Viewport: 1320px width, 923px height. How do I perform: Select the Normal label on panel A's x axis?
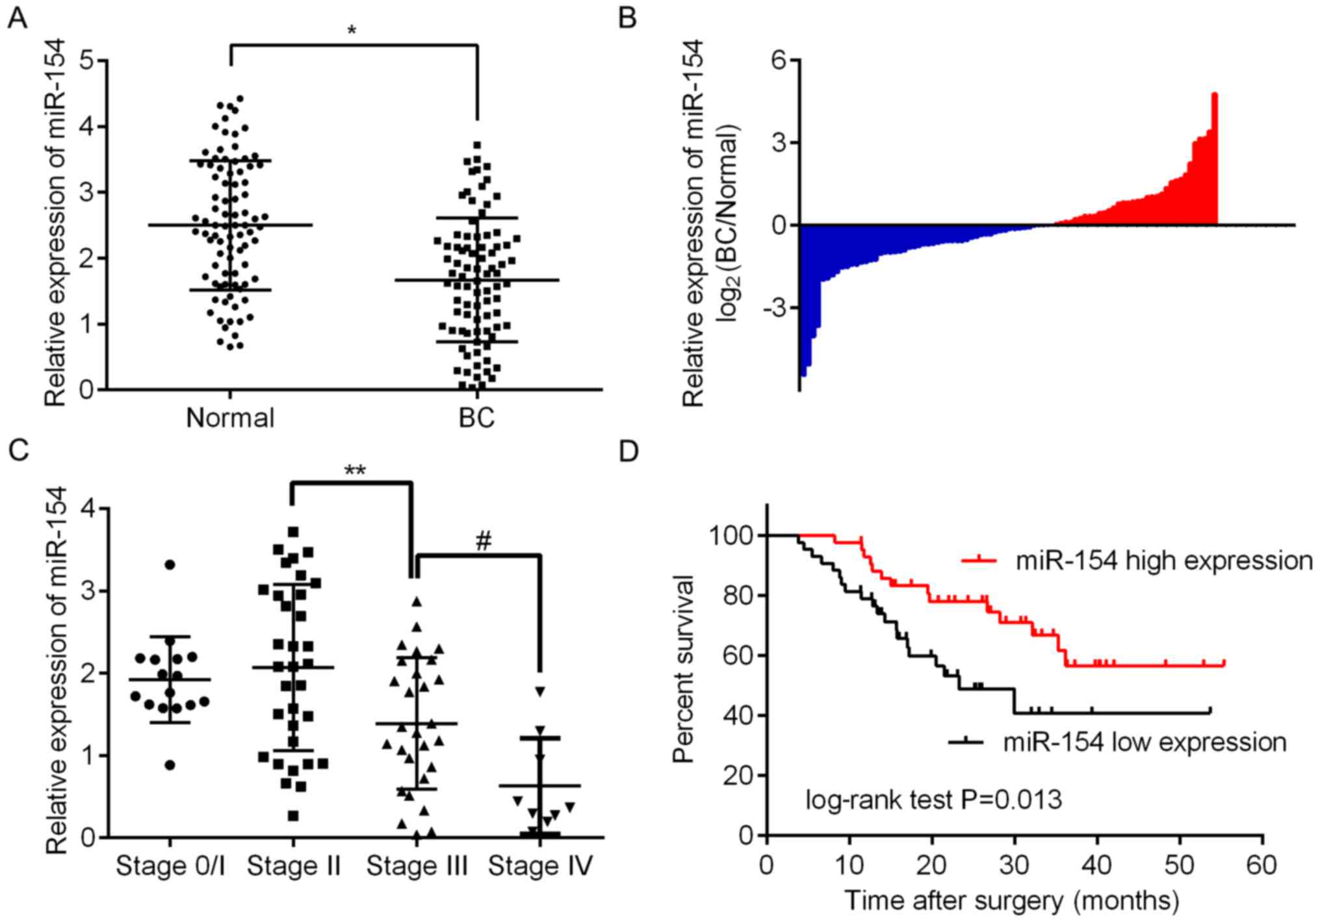click(230, 418)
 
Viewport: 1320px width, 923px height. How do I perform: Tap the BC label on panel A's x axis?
click(476, 418)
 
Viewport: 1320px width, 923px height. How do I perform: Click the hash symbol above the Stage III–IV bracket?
click(484, 541)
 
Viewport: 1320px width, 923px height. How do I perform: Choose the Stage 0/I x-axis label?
click(170, 866)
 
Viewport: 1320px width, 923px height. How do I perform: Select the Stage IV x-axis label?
click(541, 866)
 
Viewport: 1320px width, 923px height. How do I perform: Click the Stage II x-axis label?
click(294, 866)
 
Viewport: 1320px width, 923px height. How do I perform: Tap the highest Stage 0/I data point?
click(170, 564)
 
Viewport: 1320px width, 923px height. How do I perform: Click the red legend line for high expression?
click(978, 559)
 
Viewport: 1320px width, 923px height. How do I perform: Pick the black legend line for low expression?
click(966, 740)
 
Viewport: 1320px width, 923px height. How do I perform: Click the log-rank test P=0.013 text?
click(933, 799)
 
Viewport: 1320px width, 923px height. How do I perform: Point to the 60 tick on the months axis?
click(1262, 865)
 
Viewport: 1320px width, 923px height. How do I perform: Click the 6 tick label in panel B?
click(779, 60)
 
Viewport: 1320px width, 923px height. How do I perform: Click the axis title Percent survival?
click(684, 669)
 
